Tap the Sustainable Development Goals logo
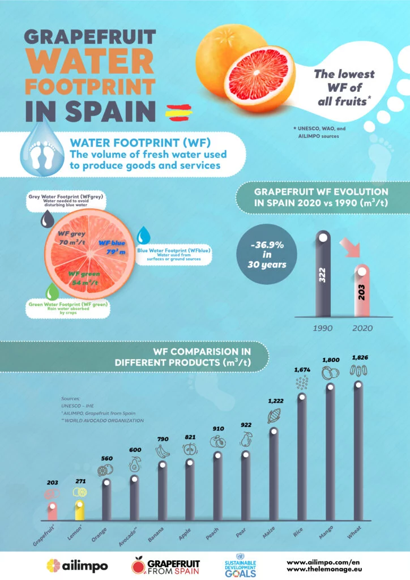click(x=241, y=566)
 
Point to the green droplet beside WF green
click(x=53, y=292)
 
